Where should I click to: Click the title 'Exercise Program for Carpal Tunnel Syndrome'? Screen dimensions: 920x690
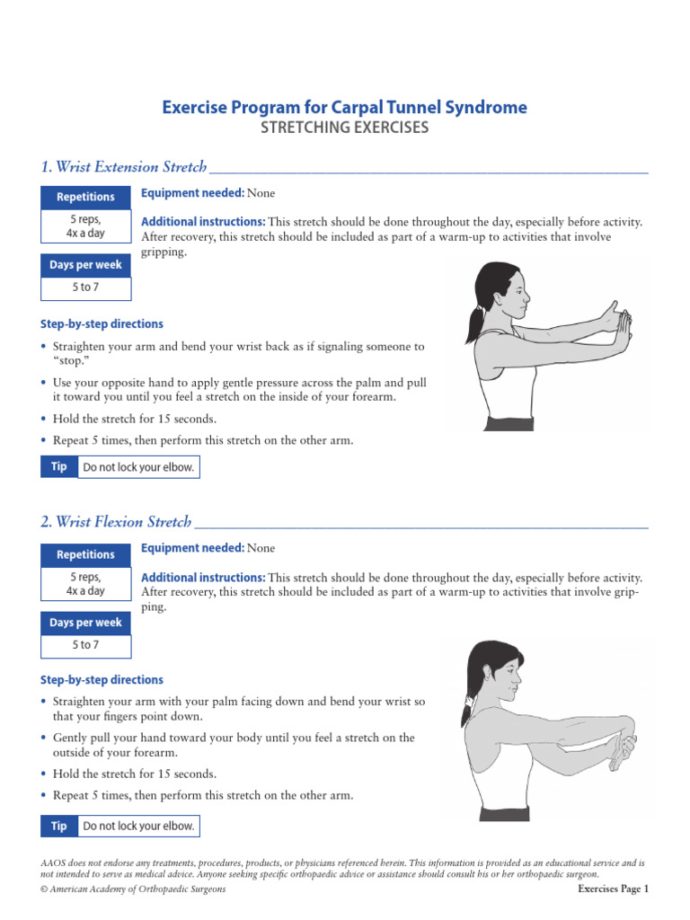click(x=344, y=108)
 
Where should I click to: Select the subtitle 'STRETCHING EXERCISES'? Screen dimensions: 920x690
click(x=344, y=128)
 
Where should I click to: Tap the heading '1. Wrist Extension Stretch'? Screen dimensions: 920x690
click(x=124, y=167)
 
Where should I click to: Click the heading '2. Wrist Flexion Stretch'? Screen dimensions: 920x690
click(x=116, y=522)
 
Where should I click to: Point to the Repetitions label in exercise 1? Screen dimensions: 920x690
click(x=85, y=197)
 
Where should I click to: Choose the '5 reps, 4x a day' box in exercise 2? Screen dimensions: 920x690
click(x=85, y=584)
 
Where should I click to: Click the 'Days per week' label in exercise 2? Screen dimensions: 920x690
click(x=85, y=623)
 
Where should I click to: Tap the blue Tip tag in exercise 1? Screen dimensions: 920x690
click(x=59, y=467)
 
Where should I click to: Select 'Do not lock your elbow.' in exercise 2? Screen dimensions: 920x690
click(x=138, y=826)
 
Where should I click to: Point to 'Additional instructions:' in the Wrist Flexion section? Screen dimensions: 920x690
click(x=203, y=577)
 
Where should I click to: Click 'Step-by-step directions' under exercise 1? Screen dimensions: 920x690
click(x=102, y=323)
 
